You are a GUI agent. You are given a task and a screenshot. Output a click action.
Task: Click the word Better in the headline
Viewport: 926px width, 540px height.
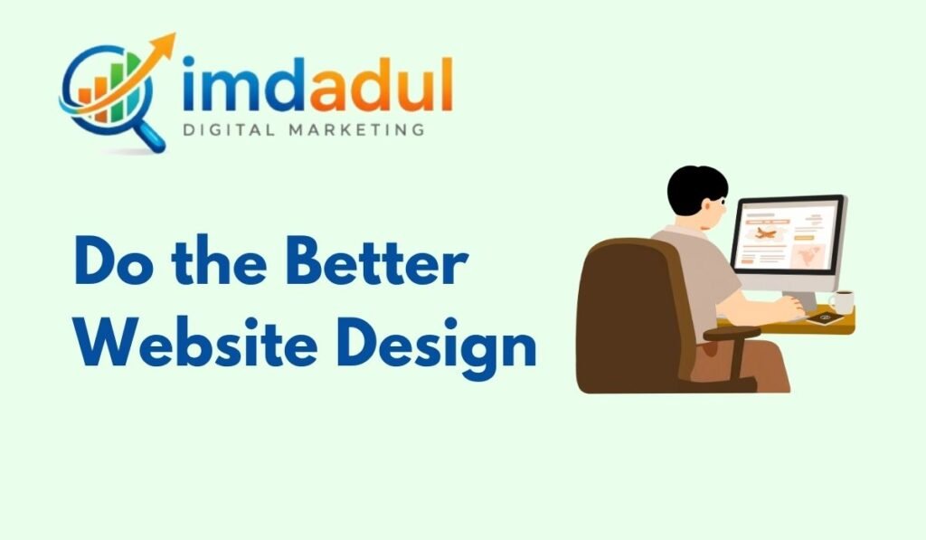tap(377, 261)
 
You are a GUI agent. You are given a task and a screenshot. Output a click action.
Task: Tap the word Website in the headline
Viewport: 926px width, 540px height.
tap(196, 342)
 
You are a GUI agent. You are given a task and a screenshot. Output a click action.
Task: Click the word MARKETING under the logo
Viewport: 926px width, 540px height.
tap(356, 129)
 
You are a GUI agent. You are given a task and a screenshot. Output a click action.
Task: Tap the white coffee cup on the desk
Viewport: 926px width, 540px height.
tap(842, 302)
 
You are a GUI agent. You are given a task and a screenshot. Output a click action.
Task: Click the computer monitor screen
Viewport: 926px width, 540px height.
tap(788, 236)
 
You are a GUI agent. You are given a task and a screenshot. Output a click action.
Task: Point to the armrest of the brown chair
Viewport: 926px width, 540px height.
tap(732, 335)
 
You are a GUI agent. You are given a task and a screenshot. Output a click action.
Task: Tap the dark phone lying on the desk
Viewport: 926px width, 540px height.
tap(825, 319)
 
